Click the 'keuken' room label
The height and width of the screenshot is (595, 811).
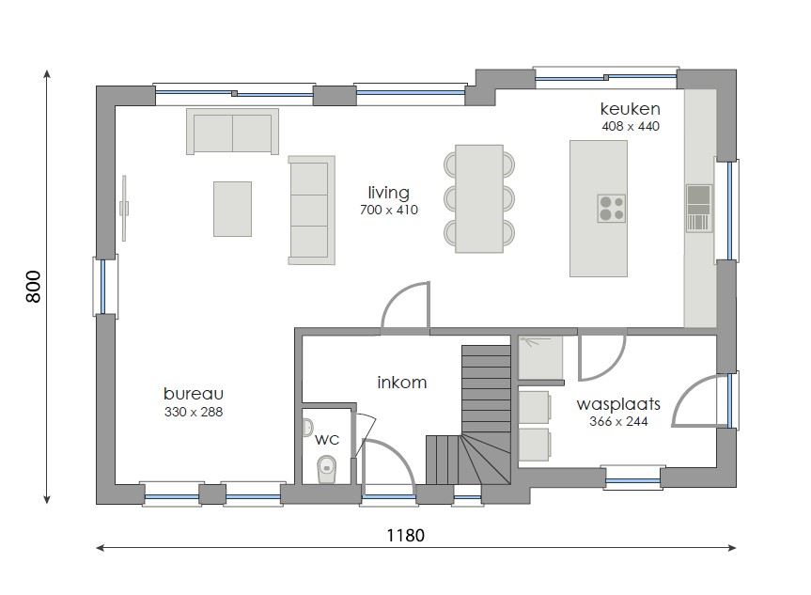630,108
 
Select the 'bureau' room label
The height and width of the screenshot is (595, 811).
193,394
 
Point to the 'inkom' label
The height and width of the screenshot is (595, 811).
401,383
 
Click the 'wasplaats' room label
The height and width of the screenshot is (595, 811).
617,404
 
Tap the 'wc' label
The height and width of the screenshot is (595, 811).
326,439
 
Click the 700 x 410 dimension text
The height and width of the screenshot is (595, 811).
388,210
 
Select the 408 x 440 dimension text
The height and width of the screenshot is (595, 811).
630,126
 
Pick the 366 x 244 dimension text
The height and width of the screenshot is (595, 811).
617,422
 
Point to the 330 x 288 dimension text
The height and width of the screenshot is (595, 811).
193,412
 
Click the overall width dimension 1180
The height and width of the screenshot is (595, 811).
406,535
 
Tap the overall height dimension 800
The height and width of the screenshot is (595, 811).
33,286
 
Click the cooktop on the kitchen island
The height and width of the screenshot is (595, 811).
611,208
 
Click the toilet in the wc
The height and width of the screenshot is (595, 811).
326,467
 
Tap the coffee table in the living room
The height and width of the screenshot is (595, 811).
232,209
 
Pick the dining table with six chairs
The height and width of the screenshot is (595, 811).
479,198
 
